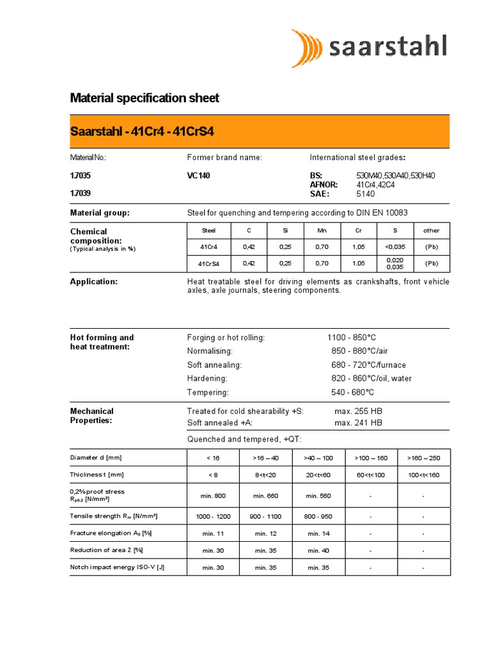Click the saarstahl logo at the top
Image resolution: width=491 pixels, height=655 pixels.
tap(369, 48)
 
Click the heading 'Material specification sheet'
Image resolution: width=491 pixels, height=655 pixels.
tap(144, 98)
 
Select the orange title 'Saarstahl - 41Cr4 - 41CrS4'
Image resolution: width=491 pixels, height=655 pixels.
tap(141, 132)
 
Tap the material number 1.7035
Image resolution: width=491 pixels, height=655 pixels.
tap(80, 176)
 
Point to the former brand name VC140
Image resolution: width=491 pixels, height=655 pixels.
tap(198, 176)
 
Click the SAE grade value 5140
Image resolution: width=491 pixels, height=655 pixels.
tap(366, 193)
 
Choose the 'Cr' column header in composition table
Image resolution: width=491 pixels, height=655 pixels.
tap(359, 230)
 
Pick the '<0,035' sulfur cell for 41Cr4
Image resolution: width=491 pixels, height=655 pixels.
tap(394, 247)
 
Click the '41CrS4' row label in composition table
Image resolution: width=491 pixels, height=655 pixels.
tap(209, 264)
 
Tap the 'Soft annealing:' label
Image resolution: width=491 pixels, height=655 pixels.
tap(214, 365)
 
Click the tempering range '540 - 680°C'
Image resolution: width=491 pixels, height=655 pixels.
tap(352, 392)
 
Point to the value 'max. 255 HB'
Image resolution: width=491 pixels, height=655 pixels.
tap(358, 411)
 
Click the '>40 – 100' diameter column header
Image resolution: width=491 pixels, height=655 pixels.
tap(318, 458)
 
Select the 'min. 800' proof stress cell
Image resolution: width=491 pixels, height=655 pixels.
tap(213, 496)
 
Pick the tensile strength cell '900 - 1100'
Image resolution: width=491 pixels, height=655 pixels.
tap(265, 516)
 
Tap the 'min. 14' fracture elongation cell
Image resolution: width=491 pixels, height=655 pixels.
tap(318, 533)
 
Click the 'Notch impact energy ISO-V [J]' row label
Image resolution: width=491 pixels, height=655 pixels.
tap(117, 567)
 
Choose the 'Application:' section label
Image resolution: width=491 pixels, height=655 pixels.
tap(93, 281)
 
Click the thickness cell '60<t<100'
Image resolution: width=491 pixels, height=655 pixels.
tap(371, 475)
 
